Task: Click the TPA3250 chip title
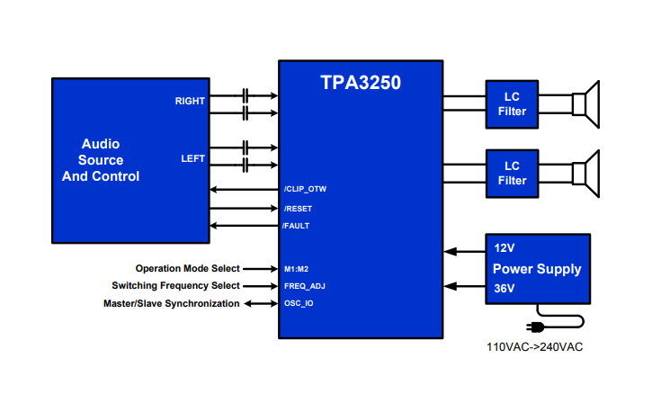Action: [361, 83]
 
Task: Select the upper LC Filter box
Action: [512, 104]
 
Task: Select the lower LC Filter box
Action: [512, 173]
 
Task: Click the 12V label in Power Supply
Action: [505, 247]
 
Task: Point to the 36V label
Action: [505, 289]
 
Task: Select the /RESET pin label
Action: [297, 209]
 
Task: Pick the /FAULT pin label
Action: [296, 226]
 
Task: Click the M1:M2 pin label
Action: [298, 268]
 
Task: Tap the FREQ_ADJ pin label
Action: [303, 286]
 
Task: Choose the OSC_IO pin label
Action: [299, 303]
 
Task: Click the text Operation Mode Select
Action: [188, 268]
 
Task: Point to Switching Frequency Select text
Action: [175, 286]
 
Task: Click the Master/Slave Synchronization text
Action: [172, 303]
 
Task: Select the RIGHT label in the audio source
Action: [190, 102]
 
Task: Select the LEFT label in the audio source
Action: [192, 158]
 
